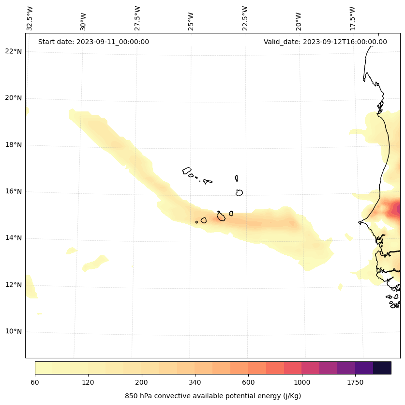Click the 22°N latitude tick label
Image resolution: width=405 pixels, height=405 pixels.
[x=13, y=51]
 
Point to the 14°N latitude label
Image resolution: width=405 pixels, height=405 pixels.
[x=13, y=238]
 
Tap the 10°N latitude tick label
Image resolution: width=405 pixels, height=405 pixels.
[x=13, y=331]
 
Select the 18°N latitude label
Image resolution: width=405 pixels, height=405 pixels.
[x=13, y=145]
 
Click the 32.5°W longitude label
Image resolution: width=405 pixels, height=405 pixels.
[x=30, y=18]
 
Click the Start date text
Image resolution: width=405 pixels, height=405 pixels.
[x=93, y=42]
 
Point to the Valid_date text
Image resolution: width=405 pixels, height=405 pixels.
[x=325, y=42]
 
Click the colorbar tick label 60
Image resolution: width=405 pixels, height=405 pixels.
[x=35, y=383]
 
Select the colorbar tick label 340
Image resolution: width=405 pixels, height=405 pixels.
[x=195, y=383]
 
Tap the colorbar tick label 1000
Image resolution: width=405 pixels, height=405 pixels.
[x=301, y=383]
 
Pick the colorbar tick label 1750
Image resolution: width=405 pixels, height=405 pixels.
[x=355, y=383]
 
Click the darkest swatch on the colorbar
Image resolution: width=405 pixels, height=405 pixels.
[x=382, y=368]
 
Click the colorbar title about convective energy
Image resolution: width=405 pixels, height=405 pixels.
[x=213, y=396]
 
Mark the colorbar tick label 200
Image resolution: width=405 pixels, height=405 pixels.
[x=142, y=383]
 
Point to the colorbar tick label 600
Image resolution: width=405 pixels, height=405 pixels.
[x=248, y=383]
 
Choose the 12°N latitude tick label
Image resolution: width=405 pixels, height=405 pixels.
[x=13, y=285]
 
